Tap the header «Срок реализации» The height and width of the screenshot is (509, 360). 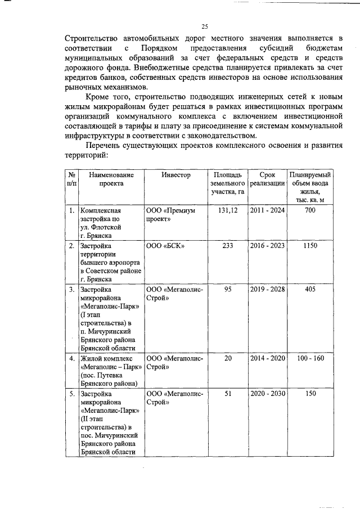(x=267, y=179)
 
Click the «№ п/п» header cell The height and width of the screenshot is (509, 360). (x=72, y=179)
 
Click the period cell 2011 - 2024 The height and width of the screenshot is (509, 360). (x=267, y=210)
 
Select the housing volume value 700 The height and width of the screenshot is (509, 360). (x=310, y=210)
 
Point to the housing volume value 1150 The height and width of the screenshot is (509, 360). (x=310, y=246)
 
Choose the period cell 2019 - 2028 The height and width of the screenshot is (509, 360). (x=267, y=289)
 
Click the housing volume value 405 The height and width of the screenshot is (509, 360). (x=310, y=289)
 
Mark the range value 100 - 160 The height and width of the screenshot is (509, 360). (x=310, y=358)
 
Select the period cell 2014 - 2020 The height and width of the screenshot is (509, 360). (x=267, y=358)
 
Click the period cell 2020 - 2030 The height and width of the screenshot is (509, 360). (x=267, y=394)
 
